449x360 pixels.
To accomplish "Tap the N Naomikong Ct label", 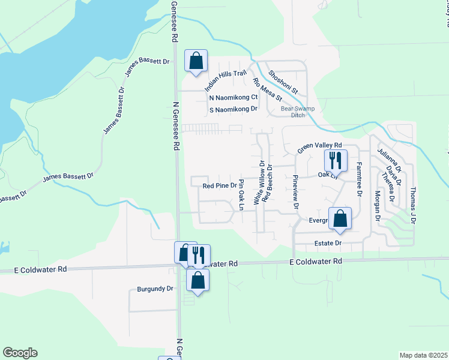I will pos(234,97).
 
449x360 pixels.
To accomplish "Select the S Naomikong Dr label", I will pos(234,110).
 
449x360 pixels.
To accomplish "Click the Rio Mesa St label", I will pos(267,89).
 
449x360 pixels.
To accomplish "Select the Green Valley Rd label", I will pos(319,146).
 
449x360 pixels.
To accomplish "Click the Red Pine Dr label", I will pos(219,186).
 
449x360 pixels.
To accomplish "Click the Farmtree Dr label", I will pos(358,179).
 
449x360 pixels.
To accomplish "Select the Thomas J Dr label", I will pos(413,205).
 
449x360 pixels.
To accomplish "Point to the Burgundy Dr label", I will pos(155,289).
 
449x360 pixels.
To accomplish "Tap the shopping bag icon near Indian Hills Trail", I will pos(196,61).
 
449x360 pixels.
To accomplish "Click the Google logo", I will pos(20,353).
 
